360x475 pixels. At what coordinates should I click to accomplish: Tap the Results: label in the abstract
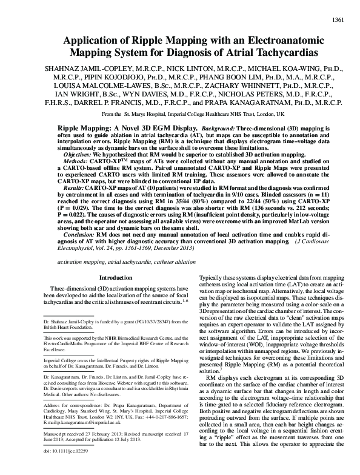pos(77,190)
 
